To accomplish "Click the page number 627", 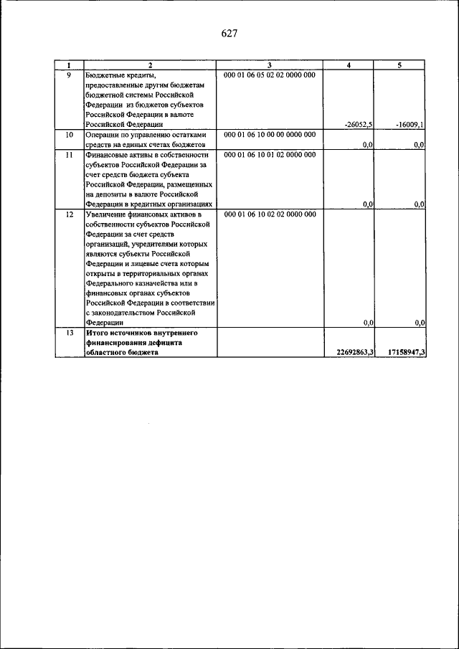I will click(x=229, y=34).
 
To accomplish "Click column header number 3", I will click(x=269, y=65).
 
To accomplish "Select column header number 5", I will click(x=400, y=65).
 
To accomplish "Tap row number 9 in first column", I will click(x=69, y=74).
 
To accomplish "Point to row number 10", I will click(x=69, y=134).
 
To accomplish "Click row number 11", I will click(x=69, y=154).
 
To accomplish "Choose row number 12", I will click(x=69, y=214).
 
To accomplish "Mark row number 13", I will click(x=69, y=333).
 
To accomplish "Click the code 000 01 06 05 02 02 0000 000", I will click(x=269, y=74).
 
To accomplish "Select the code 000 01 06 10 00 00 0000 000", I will click(x=269, y=134).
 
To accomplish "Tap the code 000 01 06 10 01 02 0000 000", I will click(x=269, y=154).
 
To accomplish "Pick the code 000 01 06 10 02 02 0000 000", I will click(x=269, y=214).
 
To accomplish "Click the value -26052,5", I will click(x=358, y=124).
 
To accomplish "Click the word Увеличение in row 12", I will click(x=108, y=214).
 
